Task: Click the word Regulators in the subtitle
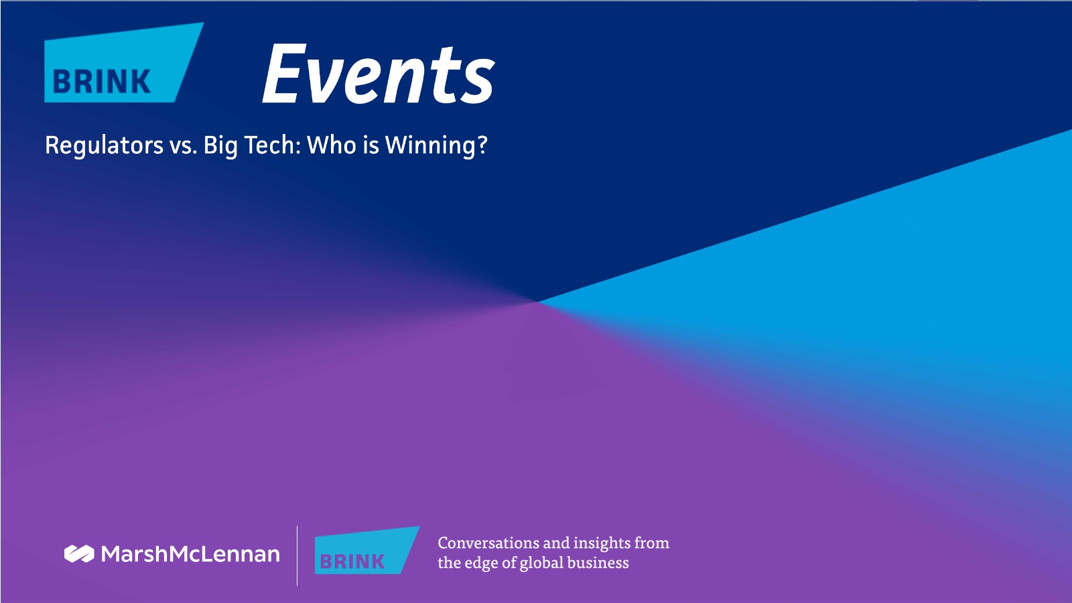104,145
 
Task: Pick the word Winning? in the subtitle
436,145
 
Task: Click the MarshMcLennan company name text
190,553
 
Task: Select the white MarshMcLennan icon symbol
79,553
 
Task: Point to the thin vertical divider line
297,555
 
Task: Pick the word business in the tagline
598,562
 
